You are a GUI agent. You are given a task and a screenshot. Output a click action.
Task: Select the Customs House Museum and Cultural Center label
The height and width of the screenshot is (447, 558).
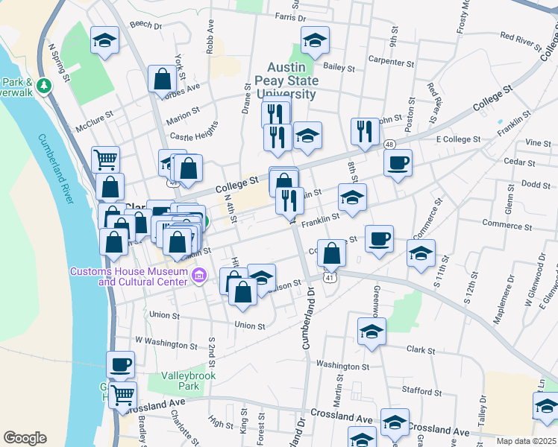click(x=129, y=276)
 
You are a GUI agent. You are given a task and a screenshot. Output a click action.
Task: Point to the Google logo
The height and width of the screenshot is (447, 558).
click(x=25, y=438)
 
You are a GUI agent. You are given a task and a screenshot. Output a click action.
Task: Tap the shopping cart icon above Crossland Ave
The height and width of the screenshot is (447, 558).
click(x=123, y=394)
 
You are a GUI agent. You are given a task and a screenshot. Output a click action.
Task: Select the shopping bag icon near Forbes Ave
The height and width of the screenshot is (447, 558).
click(x=162, y=78)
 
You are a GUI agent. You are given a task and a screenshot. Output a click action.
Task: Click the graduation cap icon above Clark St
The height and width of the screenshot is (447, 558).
click(x=372, y=332)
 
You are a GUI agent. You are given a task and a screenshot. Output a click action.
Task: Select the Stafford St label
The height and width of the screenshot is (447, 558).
click(x=416, y=390)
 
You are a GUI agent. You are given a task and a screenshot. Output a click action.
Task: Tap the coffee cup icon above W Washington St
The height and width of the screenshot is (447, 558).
click(x=119, y=364)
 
